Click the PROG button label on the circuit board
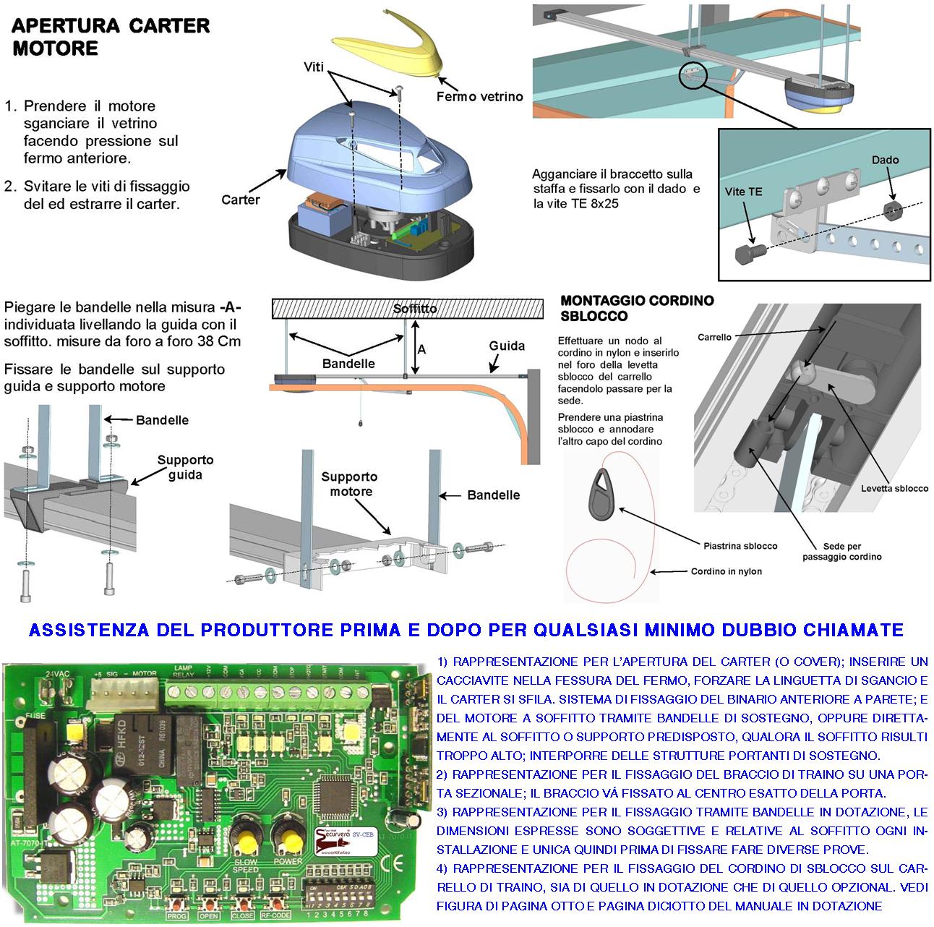177,915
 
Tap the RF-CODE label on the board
277,915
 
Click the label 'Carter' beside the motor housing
240,200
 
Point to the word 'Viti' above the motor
314,67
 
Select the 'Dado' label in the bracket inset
885,160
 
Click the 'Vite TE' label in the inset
743,192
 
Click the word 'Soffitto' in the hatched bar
415,309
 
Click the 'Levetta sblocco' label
894,488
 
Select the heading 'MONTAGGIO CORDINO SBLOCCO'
636,308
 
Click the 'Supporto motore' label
349,484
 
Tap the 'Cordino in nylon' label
726,571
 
